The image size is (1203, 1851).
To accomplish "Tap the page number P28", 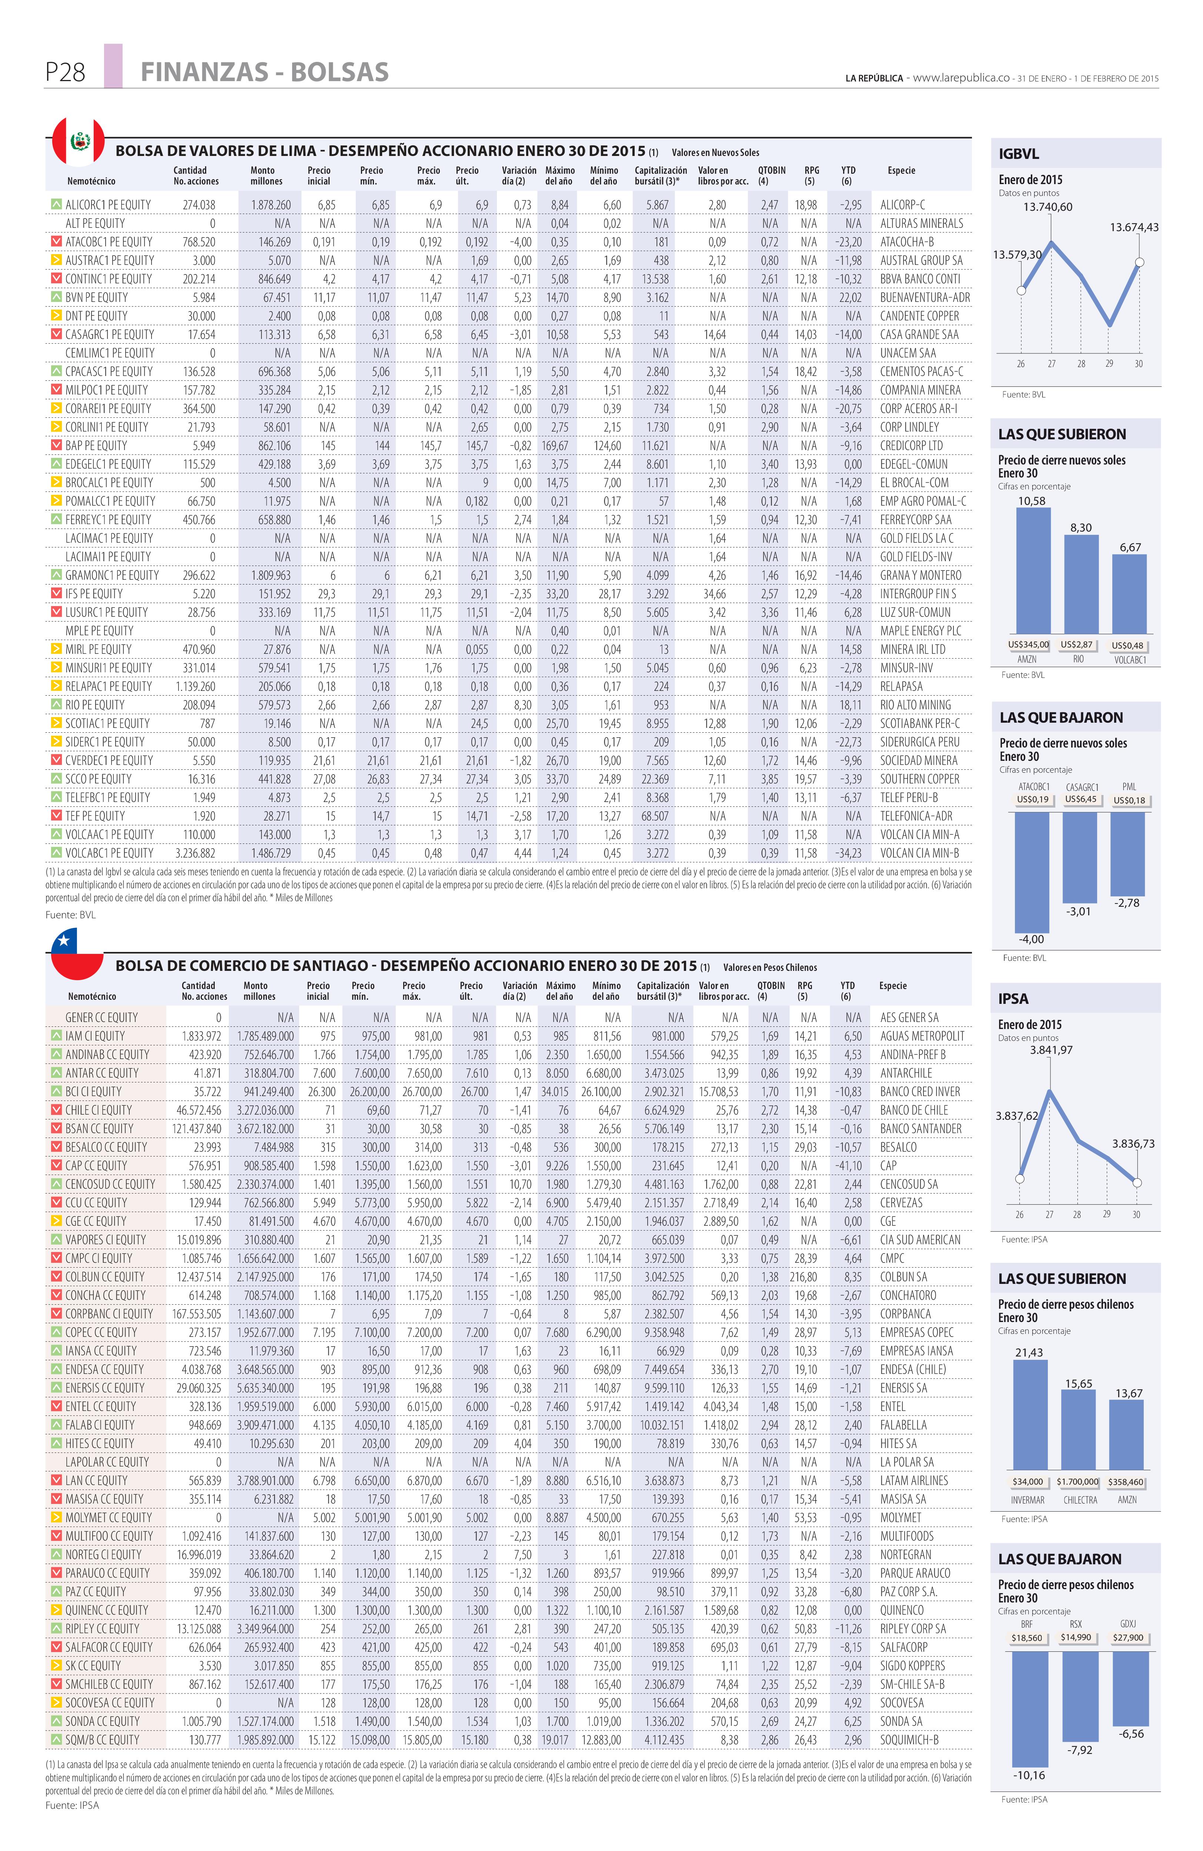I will (x=65, y=72).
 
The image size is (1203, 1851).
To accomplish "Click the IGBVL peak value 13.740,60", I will (x=1047, y=207).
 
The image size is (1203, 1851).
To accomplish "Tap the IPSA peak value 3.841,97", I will (x=1050, y=1050).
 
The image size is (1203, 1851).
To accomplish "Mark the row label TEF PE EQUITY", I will (x=95, y=816).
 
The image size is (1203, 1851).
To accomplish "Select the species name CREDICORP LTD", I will (x=911, y=446).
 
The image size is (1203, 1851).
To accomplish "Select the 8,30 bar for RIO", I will (x=1081, y=584).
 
